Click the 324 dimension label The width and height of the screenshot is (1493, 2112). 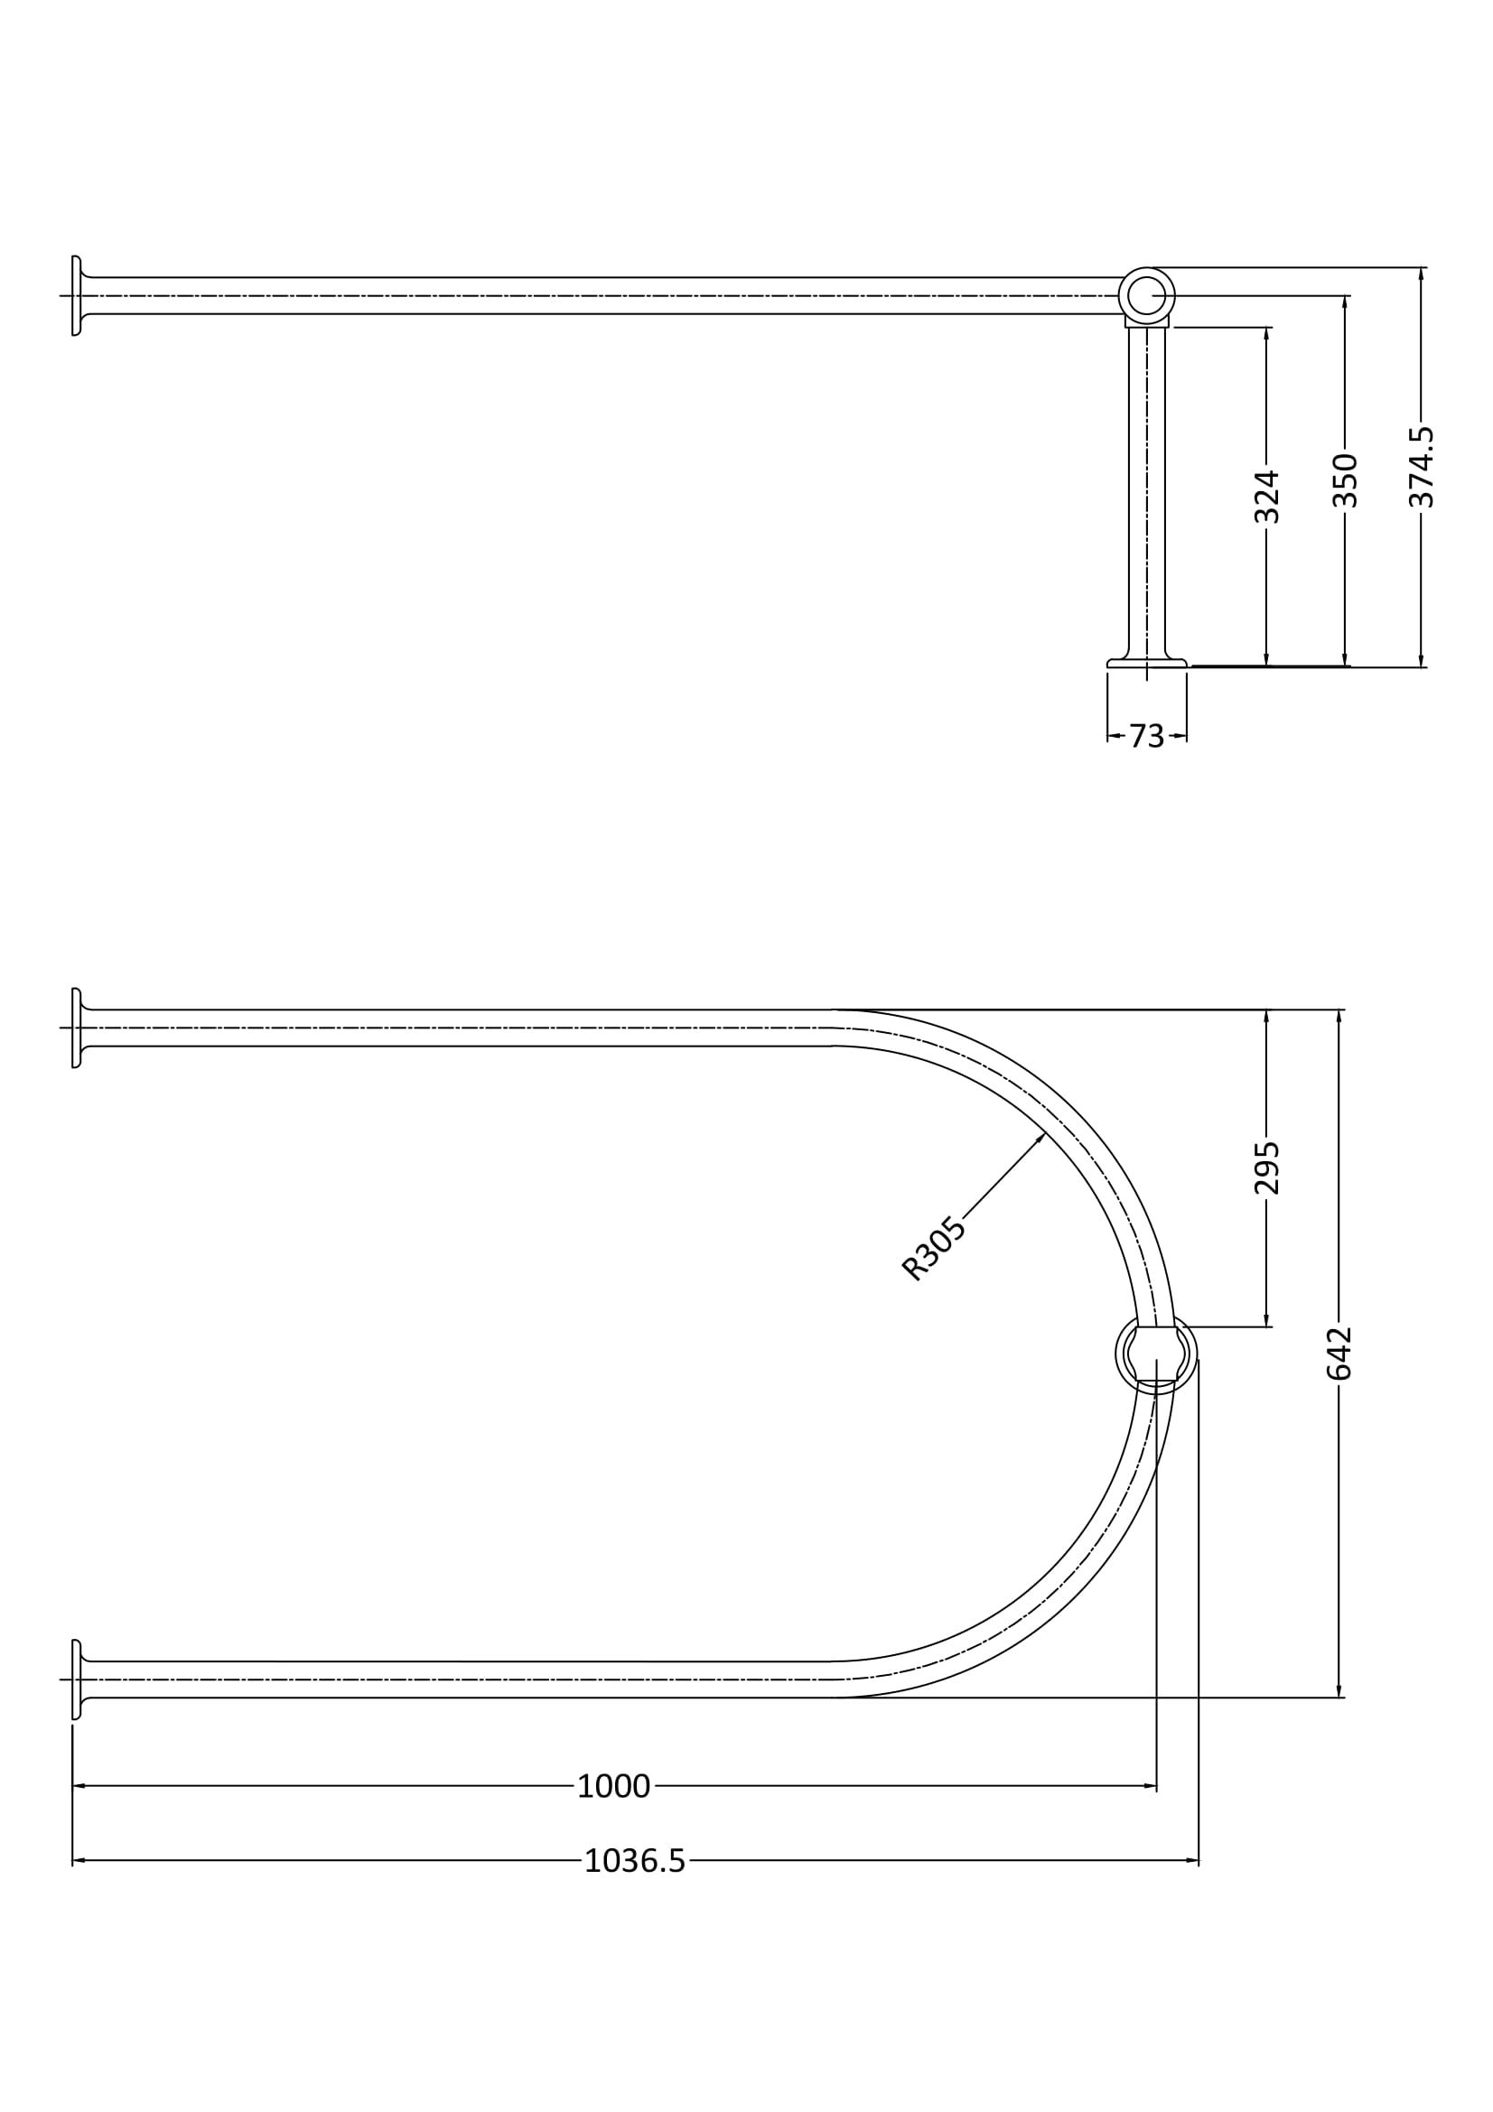1266,497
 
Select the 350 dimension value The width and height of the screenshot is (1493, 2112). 1345,480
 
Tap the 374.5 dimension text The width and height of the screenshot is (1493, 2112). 1422,466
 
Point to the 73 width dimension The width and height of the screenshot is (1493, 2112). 1146,736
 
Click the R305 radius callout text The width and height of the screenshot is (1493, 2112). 934,1248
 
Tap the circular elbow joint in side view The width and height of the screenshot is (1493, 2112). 1146,296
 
